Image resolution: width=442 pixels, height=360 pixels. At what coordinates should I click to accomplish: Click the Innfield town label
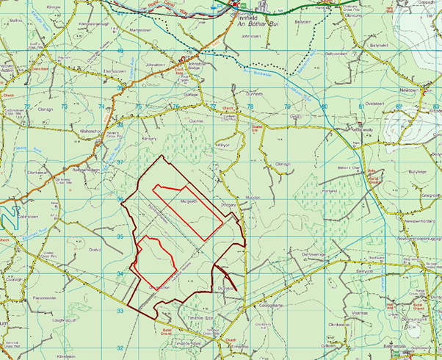246,15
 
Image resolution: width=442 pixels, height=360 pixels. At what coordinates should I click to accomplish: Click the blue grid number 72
28,107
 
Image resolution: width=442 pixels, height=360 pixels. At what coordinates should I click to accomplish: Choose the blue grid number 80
324,107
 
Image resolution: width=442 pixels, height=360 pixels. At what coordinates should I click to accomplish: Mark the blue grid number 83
435,107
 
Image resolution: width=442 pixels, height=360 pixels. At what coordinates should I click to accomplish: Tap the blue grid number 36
120,199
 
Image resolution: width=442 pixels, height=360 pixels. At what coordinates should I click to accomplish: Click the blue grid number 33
120,311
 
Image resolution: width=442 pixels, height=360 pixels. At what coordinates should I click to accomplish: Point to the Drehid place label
94,250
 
